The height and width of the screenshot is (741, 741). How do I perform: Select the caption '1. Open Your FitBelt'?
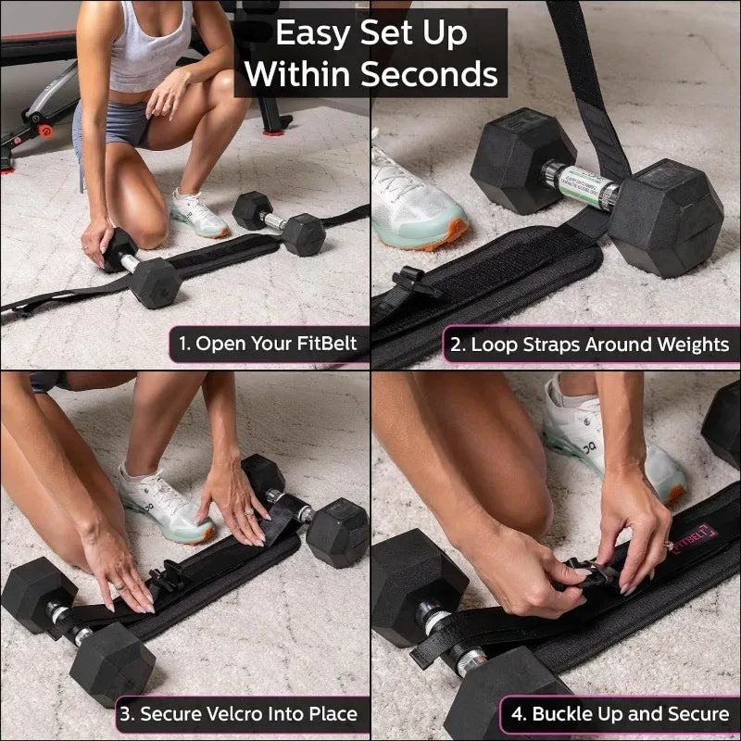pyautogui.click(x=268, y=345)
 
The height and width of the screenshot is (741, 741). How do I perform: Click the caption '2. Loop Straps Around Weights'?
pyautogui.click(x=589, y=345)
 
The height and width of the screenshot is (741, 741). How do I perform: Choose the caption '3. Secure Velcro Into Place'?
pyautogui.click(x=237, y=714)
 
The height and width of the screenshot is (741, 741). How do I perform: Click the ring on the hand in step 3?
pyautogui.click(x=119, y=584)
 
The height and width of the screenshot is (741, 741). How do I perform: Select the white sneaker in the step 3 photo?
pyautogui.click(x=164, y=505)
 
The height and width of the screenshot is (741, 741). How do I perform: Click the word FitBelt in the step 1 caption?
pyautogui.click(x=323, y=345)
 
